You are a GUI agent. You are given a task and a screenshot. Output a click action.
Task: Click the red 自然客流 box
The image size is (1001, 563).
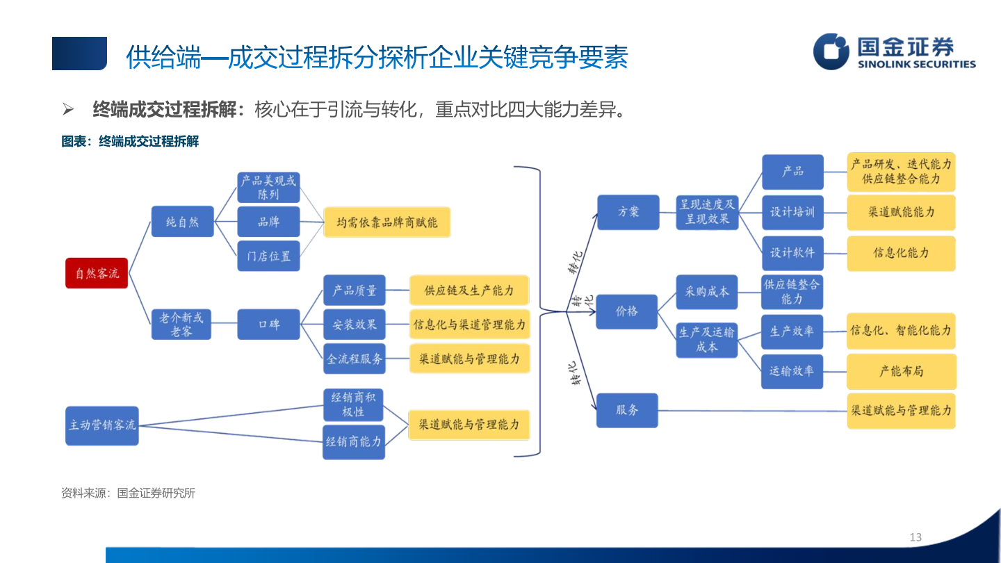97,273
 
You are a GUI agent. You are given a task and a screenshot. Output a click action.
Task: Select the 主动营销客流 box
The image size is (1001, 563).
102,425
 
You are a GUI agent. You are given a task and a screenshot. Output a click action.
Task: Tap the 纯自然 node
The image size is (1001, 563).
182,222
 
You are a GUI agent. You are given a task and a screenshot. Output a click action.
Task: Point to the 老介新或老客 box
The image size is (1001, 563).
182,324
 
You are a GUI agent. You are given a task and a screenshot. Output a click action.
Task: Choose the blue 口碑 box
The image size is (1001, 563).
268,324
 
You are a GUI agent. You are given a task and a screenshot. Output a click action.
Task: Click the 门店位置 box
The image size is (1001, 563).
268,256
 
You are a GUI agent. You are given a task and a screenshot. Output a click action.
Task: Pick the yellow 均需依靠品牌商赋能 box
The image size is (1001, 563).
386,222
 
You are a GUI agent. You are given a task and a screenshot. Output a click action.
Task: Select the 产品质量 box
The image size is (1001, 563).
354,291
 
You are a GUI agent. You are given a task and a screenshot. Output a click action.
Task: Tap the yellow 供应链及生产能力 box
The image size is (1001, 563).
469,291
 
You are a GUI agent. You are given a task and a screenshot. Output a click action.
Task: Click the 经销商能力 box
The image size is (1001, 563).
353,442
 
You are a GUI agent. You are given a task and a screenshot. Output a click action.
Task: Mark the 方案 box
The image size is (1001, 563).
628,211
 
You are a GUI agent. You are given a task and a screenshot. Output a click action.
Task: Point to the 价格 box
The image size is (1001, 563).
627,311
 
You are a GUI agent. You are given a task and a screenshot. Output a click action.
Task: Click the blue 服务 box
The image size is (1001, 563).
627,410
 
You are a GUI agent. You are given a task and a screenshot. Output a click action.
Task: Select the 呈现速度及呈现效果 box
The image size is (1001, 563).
706,211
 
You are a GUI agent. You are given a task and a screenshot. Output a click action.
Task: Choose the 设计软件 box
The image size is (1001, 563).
792,252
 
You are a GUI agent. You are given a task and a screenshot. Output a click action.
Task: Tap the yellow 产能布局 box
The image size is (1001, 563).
901,371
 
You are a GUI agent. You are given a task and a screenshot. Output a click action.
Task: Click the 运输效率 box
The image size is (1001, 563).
792,371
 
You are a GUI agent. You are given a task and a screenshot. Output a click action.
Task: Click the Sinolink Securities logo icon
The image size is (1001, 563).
831,51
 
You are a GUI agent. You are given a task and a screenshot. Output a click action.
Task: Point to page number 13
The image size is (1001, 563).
915,537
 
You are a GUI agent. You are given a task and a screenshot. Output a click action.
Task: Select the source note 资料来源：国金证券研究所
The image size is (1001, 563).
128,493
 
